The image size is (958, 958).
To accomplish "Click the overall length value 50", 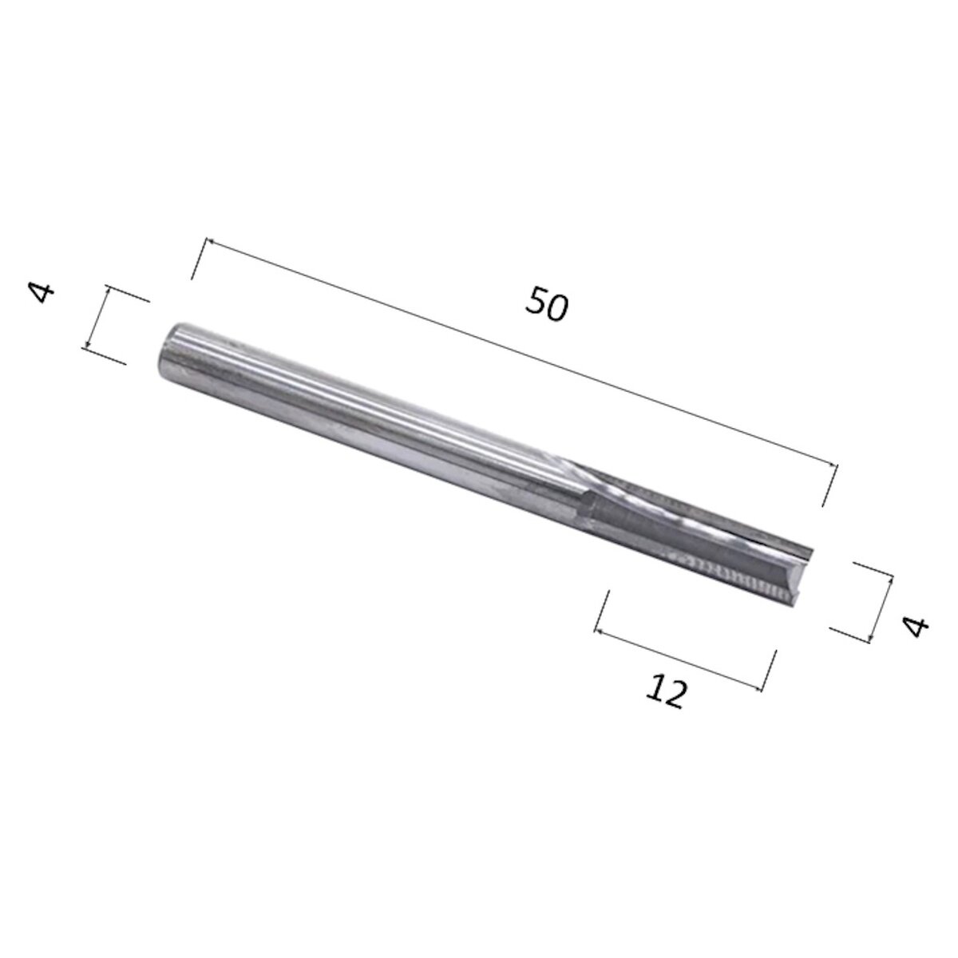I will coord(547,306).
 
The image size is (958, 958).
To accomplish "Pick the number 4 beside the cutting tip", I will coord(916,625).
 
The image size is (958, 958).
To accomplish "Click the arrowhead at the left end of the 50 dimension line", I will coord(209,239).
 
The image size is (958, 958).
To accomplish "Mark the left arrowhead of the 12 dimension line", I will coord(597,631).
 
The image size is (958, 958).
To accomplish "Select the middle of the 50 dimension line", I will coord(521,352).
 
